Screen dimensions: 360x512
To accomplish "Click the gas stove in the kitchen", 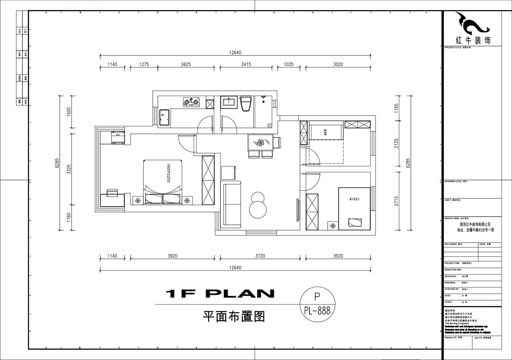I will (192, 102).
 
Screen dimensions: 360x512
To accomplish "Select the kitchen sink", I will (164, 118).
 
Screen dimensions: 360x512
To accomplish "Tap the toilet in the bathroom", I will (246, 104).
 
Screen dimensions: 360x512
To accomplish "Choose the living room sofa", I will (230, 204).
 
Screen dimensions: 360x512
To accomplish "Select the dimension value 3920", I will (172, 256).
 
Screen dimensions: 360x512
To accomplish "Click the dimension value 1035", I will (288, 64).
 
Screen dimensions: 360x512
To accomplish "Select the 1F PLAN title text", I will (220, 293).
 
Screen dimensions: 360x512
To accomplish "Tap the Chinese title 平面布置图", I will (234, 316).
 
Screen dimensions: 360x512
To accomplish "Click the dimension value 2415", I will (246, 64).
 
